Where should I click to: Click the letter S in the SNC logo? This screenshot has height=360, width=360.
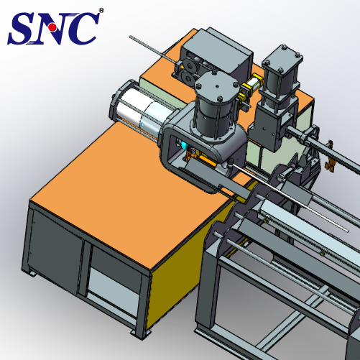(24, 29)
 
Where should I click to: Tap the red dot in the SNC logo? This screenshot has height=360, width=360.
(52, 28)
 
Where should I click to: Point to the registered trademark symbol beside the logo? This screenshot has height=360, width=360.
(101, 11)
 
